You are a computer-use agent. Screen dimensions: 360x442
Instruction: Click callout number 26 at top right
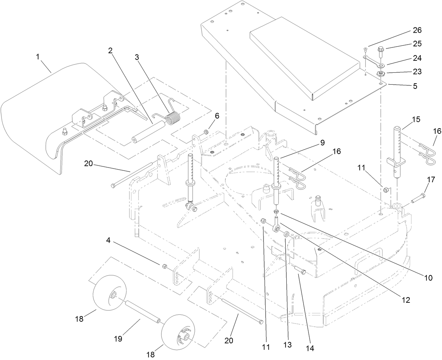coord(417,31)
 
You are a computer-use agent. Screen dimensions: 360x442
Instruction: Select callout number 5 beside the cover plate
coord(415,86)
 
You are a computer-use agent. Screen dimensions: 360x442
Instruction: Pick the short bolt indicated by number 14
coord(300,271)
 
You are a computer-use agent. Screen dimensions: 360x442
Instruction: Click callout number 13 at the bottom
coord(287,345)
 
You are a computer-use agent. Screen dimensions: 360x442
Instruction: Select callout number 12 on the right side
coord(406,301)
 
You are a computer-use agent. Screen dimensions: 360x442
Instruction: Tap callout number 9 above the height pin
coord(322,143)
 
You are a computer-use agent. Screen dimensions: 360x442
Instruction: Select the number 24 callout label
coord(417,58)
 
